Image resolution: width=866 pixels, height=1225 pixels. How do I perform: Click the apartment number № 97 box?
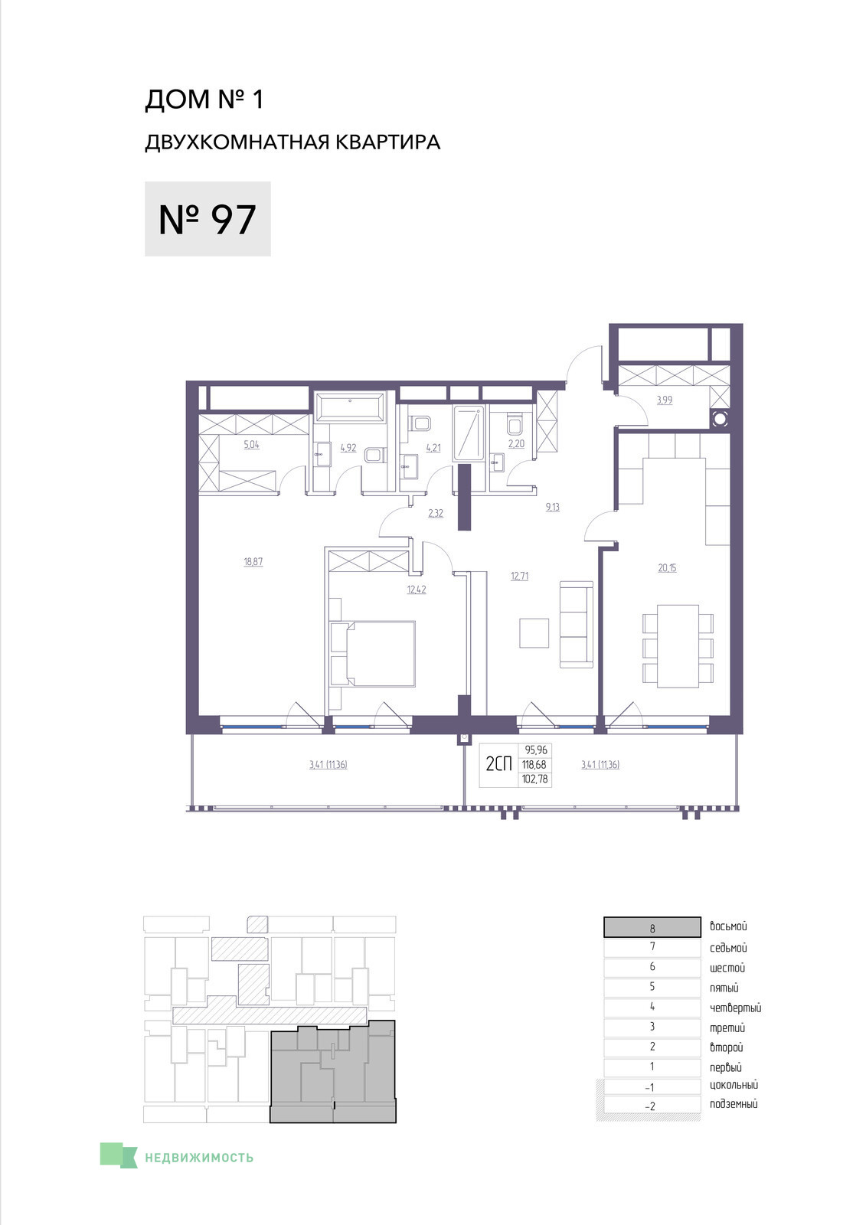(x=208, y=219)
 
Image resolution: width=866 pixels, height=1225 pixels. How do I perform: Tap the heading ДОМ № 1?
(x=204, y=100)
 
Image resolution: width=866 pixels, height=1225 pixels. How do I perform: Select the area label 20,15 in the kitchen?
(x=667, y=568)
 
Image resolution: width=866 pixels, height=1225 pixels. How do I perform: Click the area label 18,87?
(x=253, y=562)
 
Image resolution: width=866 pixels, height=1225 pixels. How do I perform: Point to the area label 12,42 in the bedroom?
(x=417, y=590)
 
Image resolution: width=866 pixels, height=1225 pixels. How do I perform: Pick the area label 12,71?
(x=519, y=576)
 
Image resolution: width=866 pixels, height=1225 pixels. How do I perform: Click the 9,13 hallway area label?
(x=553, y=507)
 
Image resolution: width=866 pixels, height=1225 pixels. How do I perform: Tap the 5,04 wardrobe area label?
(x=251, y=445)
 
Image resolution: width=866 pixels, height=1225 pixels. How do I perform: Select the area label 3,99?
(x=664, y=400)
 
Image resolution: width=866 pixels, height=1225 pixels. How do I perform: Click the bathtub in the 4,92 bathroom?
(x=351, y=407)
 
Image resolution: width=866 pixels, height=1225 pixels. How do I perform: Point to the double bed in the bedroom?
(x=373, y=653)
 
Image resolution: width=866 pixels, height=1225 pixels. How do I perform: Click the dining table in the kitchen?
(x=678, y=646)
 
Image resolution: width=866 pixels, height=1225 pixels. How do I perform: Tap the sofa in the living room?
(x=577, y=625)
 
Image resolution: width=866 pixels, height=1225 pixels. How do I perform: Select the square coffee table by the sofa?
(x=534, y=633)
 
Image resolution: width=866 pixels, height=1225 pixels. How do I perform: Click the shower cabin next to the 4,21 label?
(x=469, y=433)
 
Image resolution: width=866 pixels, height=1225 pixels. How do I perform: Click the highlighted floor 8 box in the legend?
(x=652, y=927)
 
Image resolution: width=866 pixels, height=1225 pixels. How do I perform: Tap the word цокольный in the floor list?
(x=734, y=1085)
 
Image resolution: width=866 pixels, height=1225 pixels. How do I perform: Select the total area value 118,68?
(x=534, y=765)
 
